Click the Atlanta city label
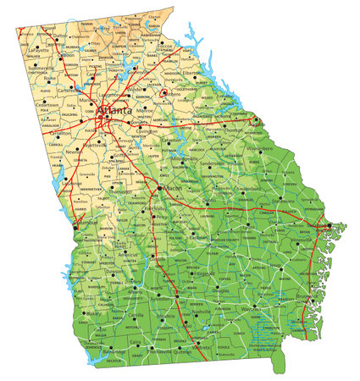pos(115,110)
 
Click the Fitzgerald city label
pos(200,273)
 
